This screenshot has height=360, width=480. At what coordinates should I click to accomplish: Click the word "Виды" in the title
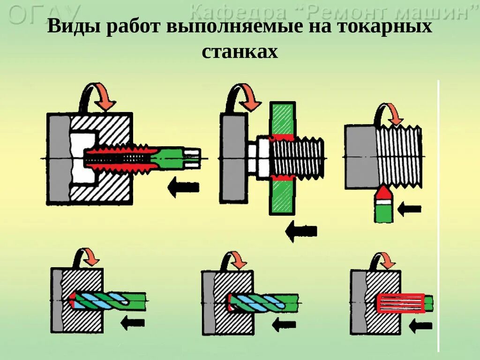pyautogui.click(x=75, y=27)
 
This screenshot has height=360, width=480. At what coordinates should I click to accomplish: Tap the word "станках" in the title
pyautogui.click(x=240, y=52)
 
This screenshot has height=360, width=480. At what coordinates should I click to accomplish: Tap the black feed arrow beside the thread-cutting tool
pyautogui.click(x=411, y=209)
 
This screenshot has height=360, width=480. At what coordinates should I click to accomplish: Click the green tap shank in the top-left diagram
pyautogui.click(x=171, y=157)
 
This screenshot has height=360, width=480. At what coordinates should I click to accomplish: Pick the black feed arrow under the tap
pyautogui.click(x=183, y=187)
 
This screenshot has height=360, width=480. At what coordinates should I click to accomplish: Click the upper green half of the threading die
pyautogui.click(x=282, y=118)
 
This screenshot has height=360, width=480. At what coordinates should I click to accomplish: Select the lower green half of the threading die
pyautogui.click(x=282, y=197)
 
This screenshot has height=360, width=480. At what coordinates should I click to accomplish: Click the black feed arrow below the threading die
pyautogui.click(x=301, y=231)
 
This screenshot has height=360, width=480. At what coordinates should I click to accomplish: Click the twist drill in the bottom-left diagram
pyautogui.click(x=110, y=300)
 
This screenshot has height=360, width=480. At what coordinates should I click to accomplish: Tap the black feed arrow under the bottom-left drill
pyautogui.click(x=132, y=322)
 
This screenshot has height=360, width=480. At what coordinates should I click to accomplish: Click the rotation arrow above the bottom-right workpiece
pyautogui.click(x=384, y=260)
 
